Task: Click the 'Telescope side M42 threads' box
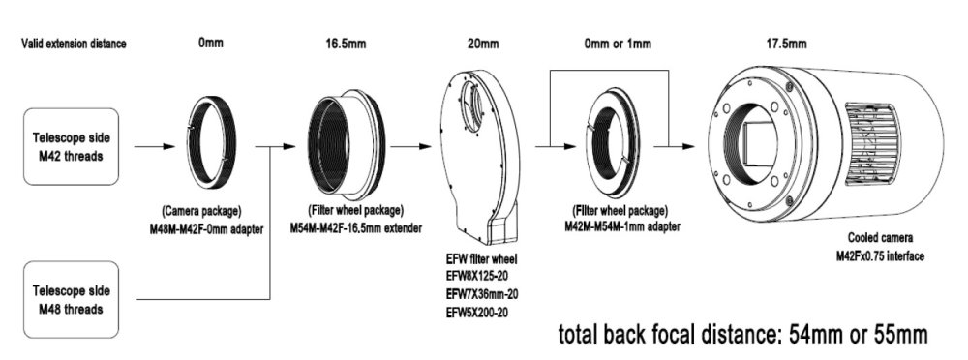(x=71, y=147)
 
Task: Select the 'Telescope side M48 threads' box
(x=71, y=299)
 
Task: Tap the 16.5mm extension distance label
(x=347, y=44)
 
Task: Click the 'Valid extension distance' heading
(x=75, y=44)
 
